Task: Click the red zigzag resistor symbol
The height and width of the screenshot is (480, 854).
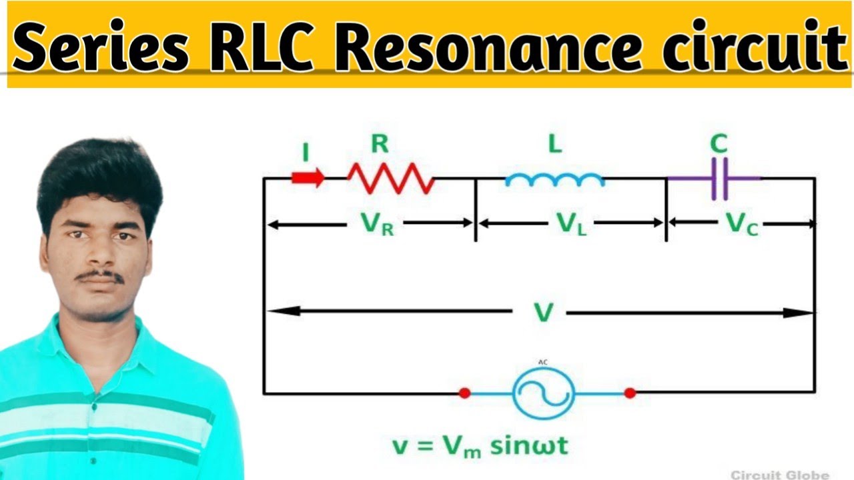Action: click(391, 179)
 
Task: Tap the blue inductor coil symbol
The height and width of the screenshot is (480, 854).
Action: click(554, 179)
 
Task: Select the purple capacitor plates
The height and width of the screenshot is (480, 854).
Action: click(720, 178)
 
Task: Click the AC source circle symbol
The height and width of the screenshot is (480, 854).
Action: click(544, 393)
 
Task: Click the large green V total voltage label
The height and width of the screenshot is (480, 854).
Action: click(544, 312)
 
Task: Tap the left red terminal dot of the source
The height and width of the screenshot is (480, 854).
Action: click(464, 393)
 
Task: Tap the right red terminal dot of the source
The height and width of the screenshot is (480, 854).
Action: click(629, 393)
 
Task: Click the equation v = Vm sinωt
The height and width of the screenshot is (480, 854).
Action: click(479, 445)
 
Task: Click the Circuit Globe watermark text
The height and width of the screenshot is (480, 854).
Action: click(779, 475)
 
